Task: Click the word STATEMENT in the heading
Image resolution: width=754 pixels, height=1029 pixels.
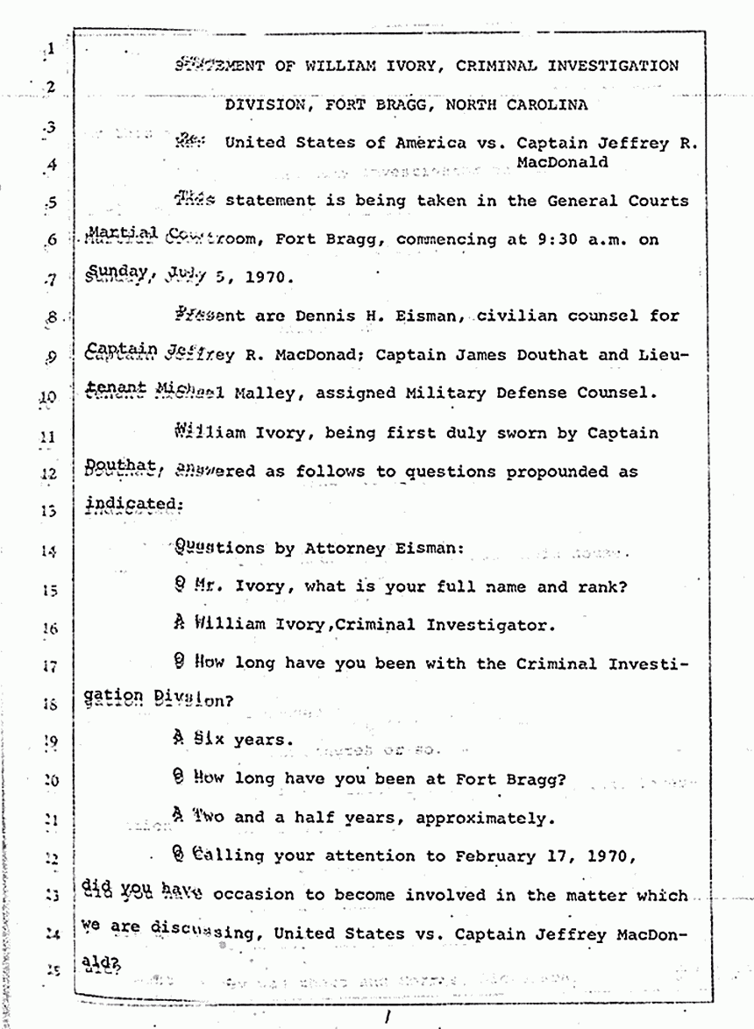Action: (x=219, y=65)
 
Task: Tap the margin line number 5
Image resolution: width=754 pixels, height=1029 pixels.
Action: (x=51, y=203)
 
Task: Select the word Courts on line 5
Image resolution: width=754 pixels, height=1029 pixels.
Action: (x=660, y=201)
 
